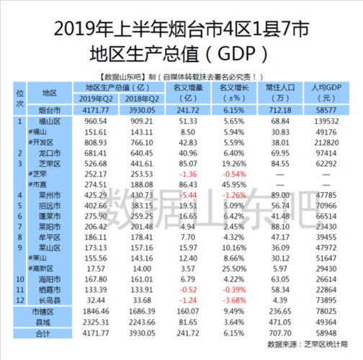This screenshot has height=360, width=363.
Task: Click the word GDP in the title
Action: click(x=238, y=53)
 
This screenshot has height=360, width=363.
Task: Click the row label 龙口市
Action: click(x=50, y=153)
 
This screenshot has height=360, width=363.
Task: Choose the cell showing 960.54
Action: click(x=95, y=123)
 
